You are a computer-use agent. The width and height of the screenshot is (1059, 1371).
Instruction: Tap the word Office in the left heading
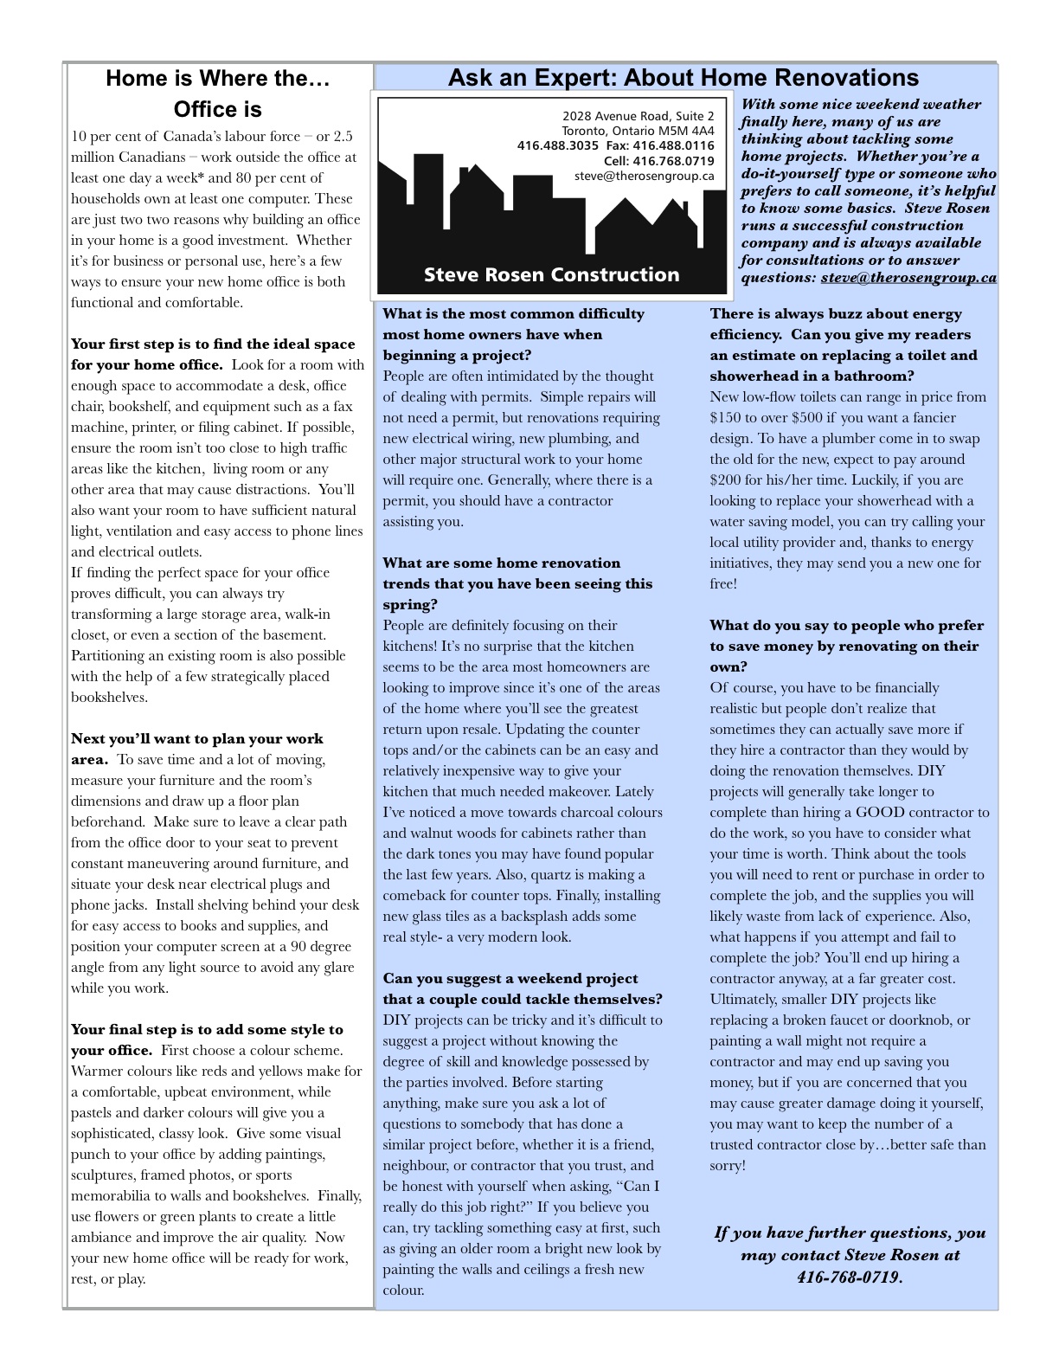pos(204,110)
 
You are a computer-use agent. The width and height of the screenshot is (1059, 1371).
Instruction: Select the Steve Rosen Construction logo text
pos(551,275)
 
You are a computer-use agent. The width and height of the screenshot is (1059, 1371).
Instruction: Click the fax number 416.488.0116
pos(672,145)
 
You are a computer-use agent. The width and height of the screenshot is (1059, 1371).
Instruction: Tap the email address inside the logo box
pos(644,176)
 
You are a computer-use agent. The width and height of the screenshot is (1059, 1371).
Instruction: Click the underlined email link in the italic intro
pos(908,278)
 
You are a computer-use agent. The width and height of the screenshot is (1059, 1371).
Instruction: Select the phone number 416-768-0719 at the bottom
pos(848,1278)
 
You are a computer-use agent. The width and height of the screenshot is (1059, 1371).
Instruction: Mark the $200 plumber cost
pos(725,480)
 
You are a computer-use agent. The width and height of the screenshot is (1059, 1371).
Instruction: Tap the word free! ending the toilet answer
pos(723,584)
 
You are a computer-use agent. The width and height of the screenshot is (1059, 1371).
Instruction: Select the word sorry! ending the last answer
pos(728,1166)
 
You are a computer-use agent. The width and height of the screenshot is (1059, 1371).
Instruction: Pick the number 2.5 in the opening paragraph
pos(343,137)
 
